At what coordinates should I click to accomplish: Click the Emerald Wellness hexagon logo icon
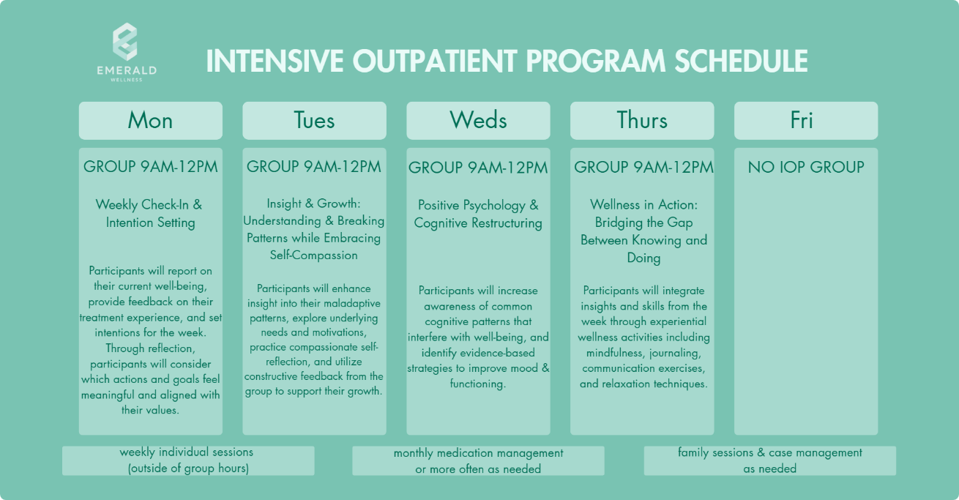(x=125, y=42)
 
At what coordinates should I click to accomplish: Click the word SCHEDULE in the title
(x=741, y=61)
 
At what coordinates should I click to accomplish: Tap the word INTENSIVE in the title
(x=275, y=61)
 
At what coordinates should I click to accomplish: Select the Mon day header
(x=151, y=120)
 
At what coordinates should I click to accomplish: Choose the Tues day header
(x=314, y=120)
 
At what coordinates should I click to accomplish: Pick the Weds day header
(x=478, y=120)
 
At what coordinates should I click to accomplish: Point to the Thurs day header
(x=642, y=120)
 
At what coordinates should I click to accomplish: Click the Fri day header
(x=806, y=120)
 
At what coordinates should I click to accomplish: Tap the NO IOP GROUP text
(x=806, y=167)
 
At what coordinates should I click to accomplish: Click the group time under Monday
(x=151, y=166)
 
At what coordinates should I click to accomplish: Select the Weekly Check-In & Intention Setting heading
(x=150, y=214)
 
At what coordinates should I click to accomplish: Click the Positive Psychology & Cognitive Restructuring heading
(x=478, y=214)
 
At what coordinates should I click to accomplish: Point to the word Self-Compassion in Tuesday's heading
(x=314, y=255)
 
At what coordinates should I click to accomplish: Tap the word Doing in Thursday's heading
(x=644, y=258)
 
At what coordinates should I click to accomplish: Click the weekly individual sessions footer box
(x=188, y=460)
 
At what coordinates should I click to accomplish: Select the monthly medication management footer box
(x=478, y=460)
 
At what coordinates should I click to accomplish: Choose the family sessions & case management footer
(x=770, y=460)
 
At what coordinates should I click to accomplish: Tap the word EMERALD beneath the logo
(x=127, y=70)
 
